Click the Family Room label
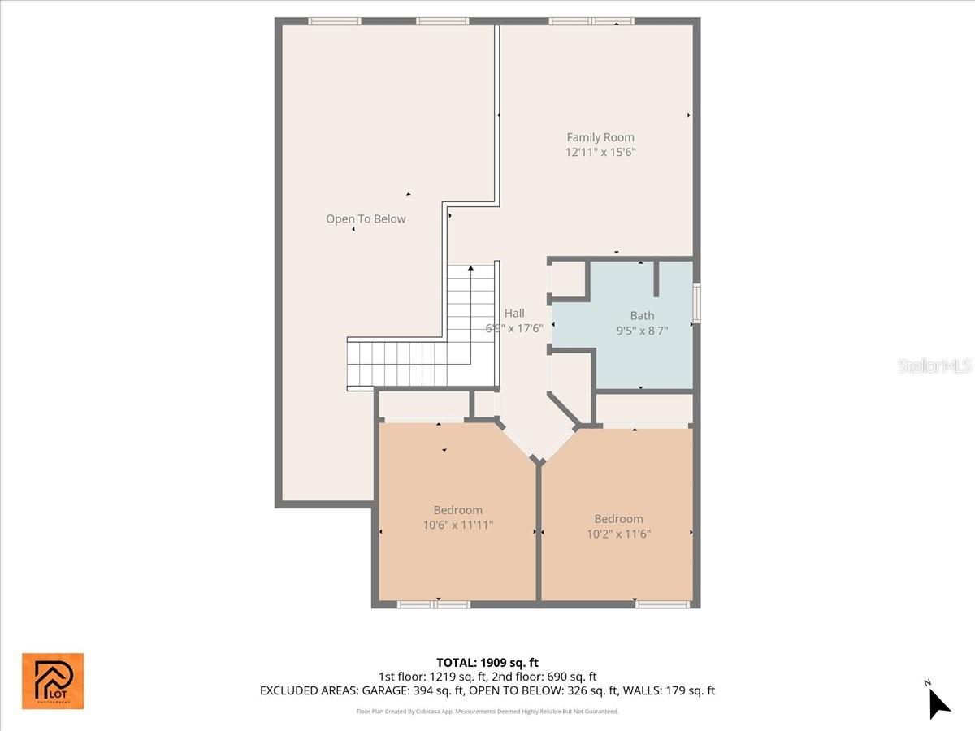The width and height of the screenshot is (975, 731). (x=600, y=137)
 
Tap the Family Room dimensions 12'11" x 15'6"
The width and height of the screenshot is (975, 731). (x=600, y=152)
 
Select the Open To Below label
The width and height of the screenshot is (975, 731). (x=366, y=218)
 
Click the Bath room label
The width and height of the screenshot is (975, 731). (x=642, y=315)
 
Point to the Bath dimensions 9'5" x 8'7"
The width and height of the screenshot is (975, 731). (x=642, y=330)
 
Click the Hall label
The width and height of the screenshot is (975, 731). (x=514, y=313)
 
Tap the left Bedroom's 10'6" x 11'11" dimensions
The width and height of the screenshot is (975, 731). (x=458, y=525)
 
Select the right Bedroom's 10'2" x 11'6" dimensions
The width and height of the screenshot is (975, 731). (x=618, y=534)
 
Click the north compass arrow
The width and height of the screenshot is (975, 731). (x=938, y=702)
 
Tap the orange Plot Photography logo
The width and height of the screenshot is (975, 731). (x=52, y=681)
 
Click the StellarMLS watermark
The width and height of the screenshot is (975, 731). (x=934, y=366)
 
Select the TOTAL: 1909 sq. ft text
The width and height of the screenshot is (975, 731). (x=487, y=663)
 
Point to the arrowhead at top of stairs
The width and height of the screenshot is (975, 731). (x=470, y=268)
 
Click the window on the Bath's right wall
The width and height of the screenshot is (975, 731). (x=696, y=303)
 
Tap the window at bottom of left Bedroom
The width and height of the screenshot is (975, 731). (x=433, y=604)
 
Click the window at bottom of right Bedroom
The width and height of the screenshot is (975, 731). (x=662, y=604)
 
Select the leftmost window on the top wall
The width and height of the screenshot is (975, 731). (x=334, y=21)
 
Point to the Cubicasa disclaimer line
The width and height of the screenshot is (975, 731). (x=487, y=711)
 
